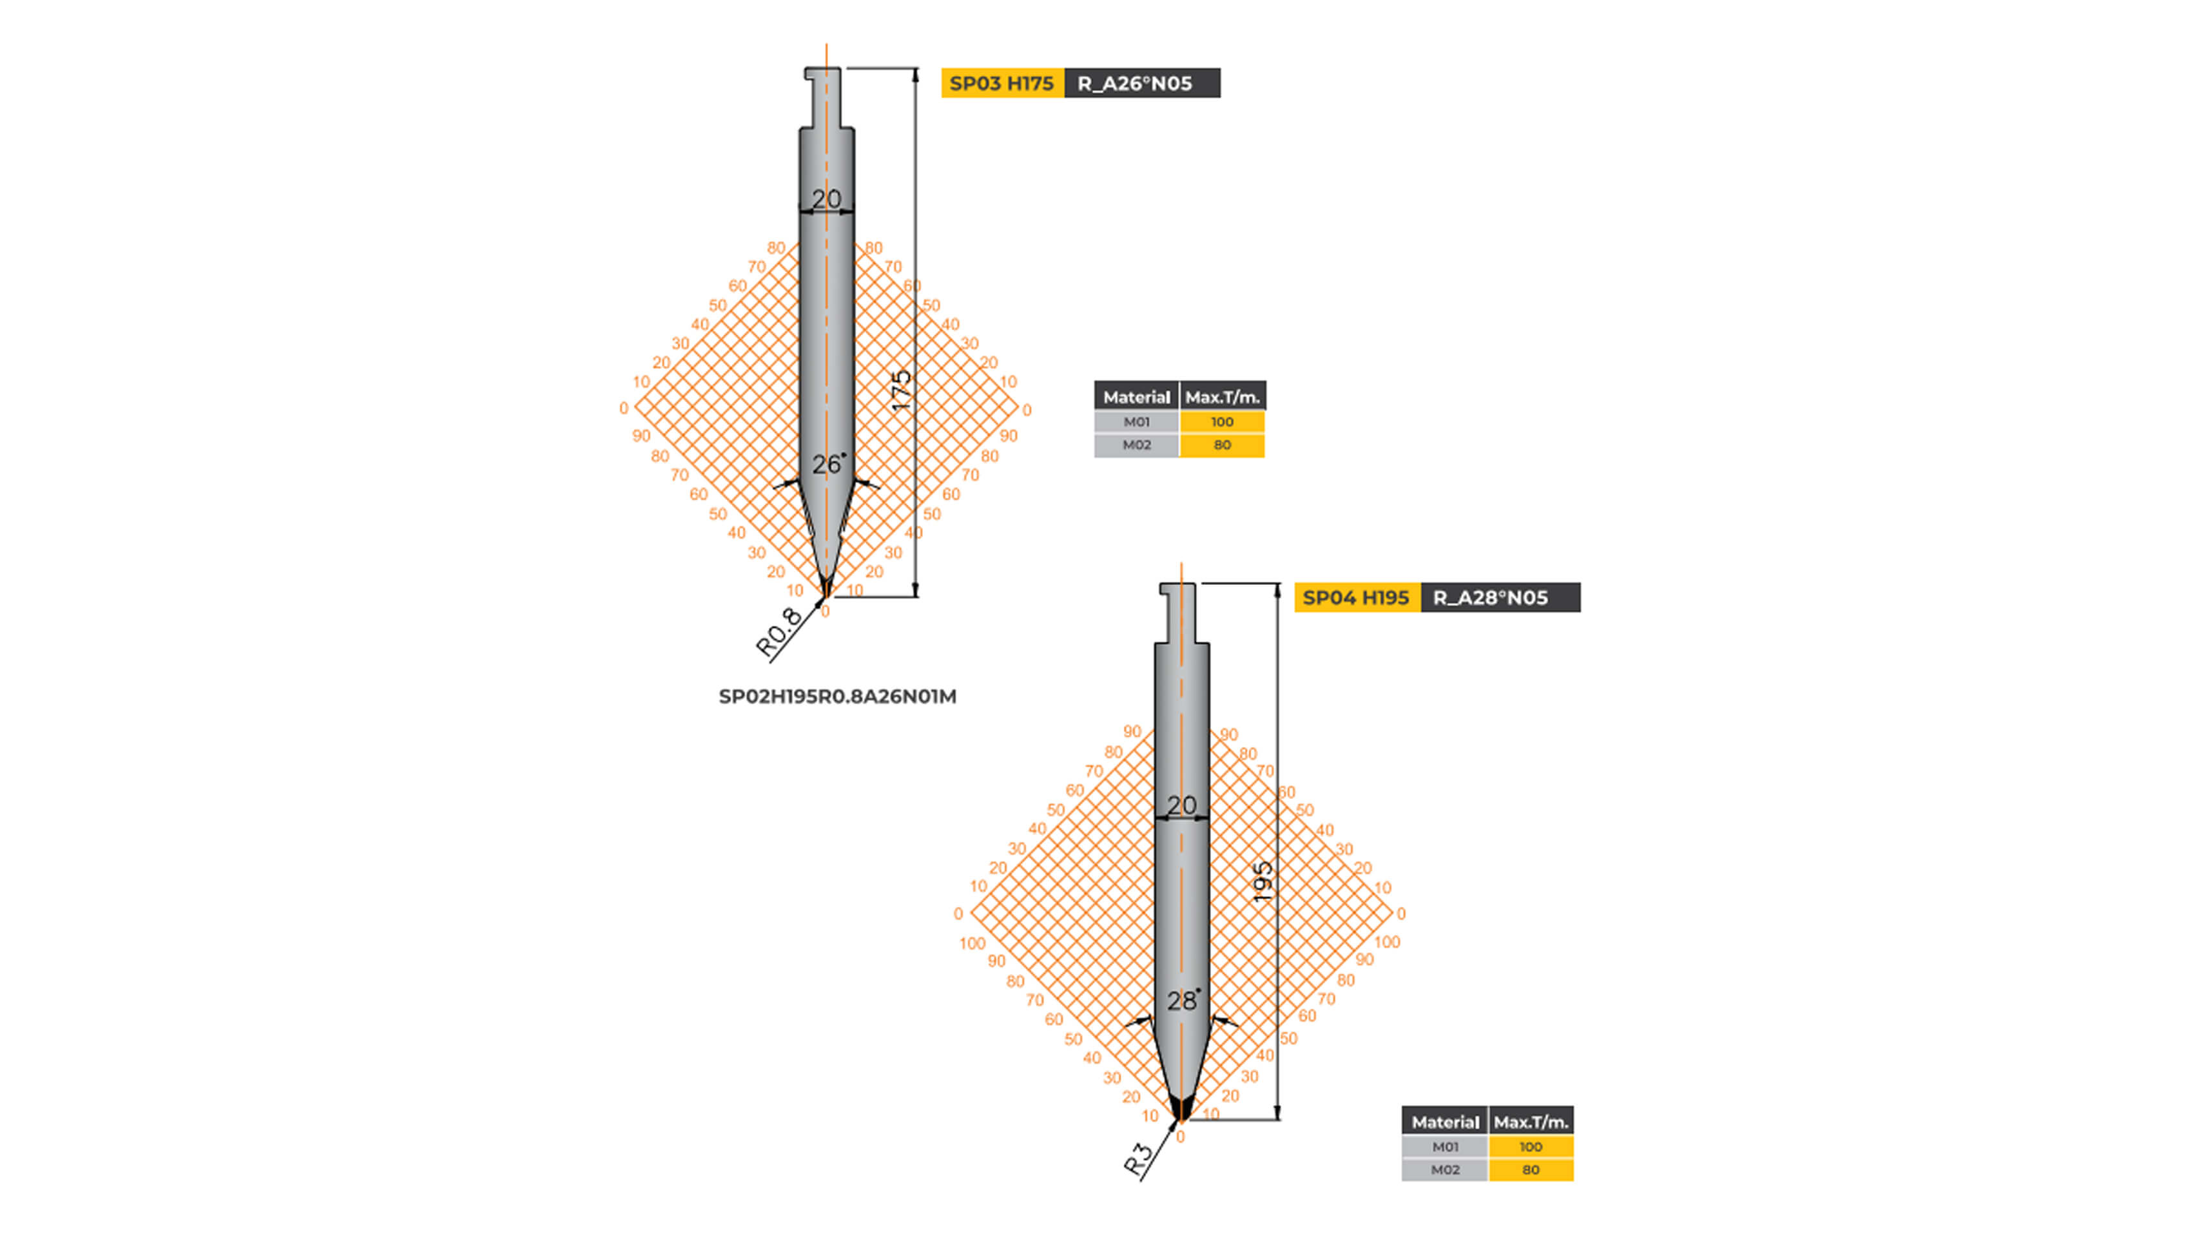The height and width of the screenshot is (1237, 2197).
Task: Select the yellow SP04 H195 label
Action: (x=1356, y=598)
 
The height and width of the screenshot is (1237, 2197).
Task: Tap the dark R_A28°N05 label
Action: (x=1498, y=598)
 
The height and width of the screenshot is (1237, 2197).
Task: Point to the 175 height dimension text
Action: (x=900, y=390)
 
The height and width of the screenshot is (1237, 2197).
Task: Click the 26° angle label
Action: (x=828, y=465)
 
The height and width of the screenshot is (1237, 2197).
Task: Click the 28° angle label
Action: (x=1182, y=1000)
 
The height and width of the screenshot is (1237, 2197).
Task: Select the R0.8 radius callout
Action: (x=778, y=633)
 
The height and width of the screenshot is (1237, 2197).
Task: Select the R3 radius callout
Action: (x=1139, y=1160)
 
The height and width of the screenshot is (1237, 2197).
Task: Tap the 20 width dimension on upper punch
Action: (x=826, y=198)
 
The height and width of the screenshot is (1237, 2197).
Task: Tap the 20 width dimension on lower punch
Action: (x=1181, y=805)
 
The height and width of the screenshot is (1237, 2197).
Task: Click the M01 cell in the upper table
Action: (x=1136, y=422)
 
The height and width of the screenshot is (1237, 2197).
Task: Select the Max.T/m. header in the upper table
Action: (x=1221, y=396)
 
